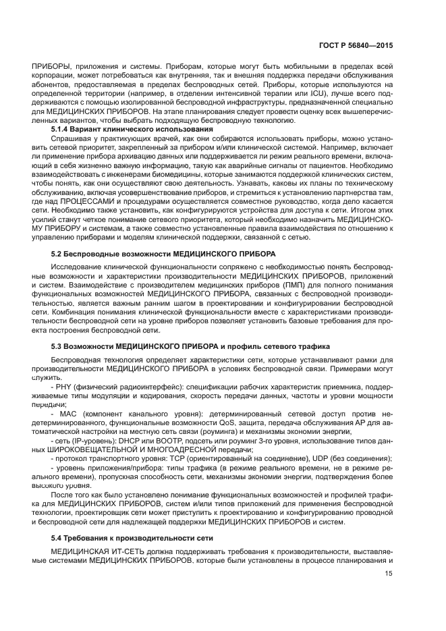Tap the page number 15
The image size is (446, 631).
tap(389, 574)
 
